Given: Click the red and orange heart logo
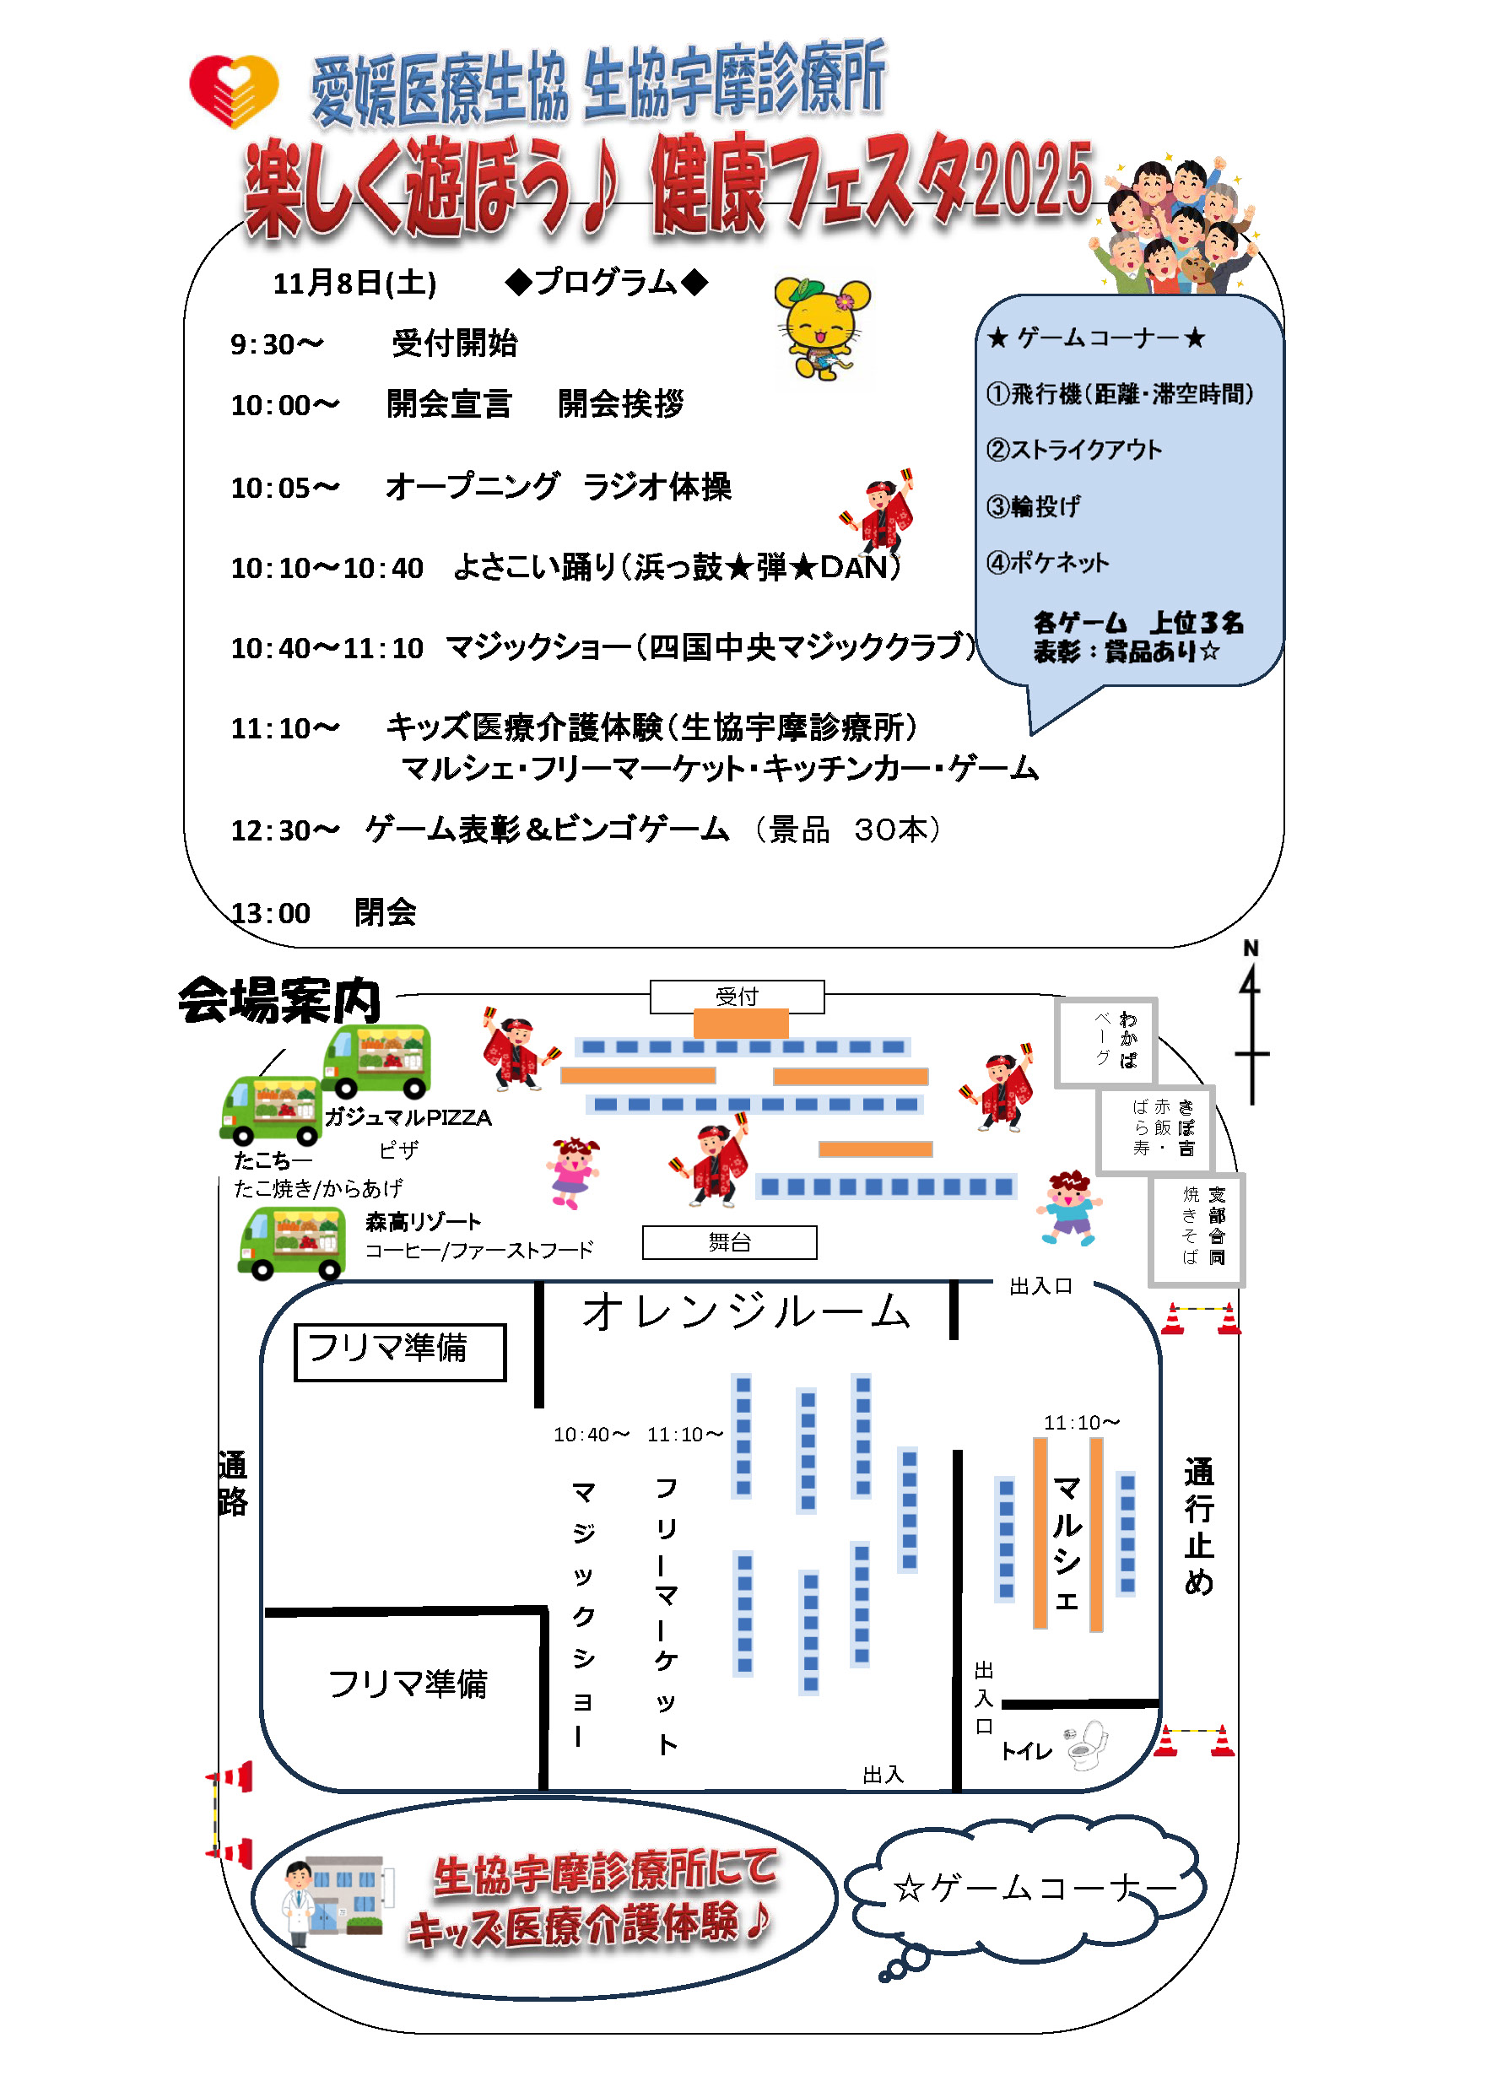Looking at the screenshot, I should tap(234, 90).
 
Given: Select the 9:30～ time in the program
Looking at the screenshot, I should tap(276, 345).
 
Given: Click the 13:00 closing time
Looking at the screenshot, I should tap(271, 912).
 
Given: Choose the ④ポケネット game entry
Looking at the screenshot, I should tap(1048, 563).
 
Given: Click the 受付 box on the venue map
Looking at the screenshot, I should tap(737, 996).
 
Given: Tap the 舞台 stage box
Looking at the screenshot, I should tap(729, 1242).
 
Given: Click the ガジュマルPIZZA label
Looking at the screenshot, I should tap(408, 1117).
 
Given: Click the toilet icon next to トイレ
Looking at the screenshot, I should tap(1087, 1744).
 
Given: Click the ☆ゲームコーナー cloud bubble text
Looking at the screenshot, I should tap(1035, 1888).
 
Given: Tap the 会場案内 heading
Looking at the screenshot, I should tap(279, 1000).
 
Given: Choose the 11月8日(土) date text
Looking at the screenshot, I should tap(355, 284).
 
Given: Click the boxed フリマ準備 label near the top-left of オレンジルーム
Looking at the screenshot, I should tap(400, 1351).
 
